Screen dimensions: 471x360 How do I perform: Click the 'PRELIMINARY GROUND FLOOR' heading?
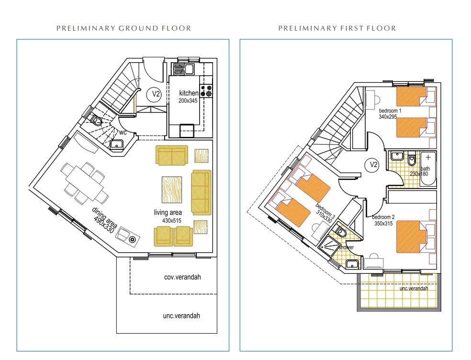(x=124, y=28)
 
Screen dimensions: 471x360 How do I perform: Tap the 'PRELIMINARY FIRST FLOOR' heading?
(x=337, y=28)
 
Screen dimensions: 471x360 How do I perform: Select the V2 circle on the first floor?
(x=372, y=165)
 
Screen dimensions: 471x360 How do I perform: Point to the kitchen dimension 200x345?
(x=188, y=101)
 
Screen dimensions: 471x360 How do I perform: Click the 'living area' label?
(x=168, y=213)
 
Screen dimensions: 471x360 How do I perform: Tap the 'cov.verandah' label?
(x=182, y=277)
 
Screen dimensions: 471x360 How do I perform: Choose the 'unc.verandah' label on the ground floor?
(x=181, y=316)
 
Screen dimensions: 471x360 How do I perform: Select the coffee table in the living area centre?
(x=171, y=190)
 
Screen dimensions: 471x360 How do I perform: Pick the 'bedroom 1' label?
(x=390, y=111)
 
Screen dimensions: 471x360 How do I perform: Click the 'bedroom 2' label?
(x=383, y=217)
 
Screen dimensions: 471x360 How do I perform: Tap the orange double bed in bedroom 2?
(x=412, y=237)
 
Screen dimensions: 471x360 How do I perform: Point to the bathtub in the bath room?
(x=428, y=169)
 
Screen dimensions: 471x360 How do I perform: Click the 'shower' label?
(x=347, y=247)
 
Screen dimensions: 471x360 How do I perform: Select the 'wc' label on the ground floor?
(x=123, y=132)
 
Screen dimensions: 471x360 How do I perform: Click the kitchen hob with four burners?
(x=206, y=91)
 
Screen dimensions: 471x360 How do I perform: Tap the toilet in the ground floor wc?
(x=96, y=120)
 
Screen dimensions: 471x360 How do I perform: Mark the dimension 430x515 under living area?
(x=172, y=221)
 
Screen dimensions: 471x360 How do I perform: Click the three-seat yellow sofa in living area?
(x=201, y=192)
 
